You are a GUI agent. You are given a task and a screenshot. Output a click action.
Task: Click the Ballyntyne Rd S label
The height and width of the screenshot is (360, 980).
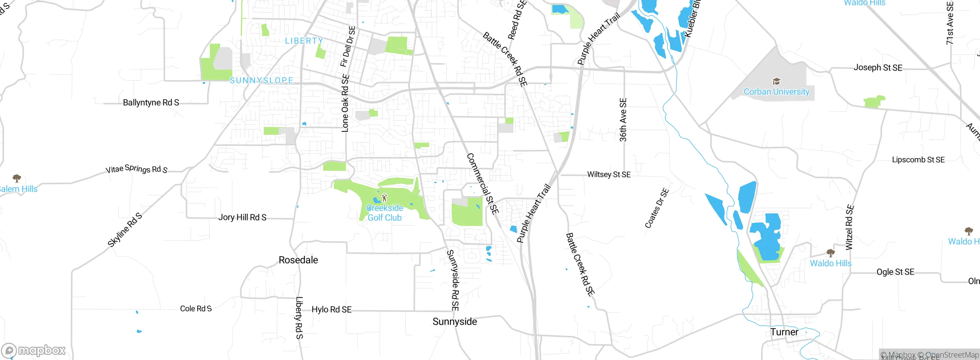click(151, 103)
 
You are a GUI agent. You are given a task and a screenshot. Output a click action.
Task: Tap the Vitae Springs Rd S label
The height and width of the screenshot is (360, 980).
click(137, 169)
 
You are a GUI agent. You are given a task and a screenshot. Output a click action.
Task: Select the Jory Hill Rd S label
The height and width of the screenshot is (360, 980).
click(242, 218)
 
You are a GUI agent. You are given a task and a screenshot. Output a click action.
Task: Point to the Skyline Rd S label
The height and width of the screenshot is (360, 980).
click(125, 230)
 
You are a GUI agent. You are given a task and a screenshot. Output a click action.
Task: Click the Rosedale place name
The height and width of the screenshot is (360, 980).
click(298, 260)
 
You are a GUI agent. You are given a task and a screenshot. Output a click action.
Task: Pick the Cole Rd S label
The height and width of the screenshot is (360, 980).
click(196, 309)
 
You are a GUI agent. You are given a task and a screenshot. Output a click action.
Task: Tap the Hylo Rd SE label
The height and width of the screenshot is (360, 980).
click(332, 309)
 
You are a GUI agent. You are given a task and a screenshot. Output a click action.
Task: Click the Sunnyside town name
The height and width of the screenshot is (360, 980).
click(455, 322)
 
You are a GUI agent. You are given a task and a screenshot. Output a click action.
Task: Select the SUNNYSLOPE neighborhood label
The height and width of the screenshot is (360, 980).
click(261, 80)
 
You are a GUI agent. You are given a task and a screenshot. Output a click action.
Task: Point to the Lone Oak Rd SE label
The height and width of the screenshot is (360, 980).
click(345, 103)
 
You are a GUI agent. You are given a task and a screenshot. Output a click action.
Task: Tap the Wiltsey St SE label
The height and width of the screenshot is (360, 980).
click(609, 175)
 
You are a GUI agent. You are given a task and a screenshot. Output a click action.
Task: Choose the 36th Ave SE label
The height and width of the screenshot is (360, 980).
click(623, 120)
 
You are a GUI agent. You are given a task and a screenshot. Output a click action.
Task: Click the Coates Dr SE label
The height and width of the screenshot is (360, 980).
click(657, 208)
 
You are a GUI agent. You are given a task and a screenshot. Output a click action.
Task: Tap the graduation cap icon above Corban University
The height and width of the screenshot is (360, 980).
click(776, 81)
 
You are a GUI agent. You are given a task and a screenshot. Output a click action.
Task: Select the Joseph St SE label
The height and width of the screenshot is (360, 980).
click(878, 68)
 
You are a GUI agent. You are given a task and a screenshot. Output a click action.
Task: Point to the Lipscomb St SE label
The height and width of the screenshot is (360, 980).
click(918, 160)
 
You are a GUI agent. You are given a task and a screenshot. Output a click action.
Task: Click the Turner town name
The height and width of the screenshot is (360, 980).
click(784, 332)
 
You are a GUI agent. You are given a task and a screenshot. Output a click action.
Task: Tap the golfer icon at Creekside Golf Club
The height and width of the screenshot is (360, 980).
click(384, 198)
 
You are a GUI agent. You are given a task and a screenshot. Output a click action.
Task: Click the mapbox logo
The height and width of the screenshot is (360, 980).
click(34, 350)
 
